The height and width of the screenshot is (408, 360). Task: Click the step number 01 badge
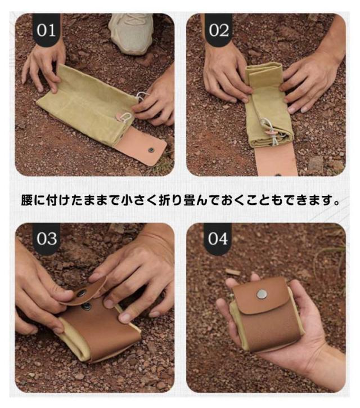[x=46, y=29]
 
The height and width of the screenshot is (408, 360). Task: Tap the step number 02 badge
[x=218, y=29]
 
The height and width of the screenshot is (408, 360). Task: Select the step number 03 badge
[x=46, y=239]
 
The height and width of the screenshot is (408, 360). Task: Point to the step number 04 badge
[x=218, y=239]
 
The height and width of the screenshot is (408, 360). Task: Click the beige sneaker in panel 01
[x=132, y=33]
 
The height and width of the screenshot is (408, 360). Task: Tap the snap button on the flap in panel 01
[x=151, y=150]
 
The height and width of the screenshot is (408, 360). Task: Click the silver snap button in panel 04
[x=262, y=294]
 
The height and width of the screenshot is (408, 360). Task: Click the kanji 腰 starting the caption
[x=26, y=200]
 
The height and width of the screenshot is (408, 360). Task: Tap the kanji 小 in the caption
[x=127, y=200]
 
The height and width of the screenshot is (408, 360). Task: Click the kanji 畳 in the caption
[x=190, y=200]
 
